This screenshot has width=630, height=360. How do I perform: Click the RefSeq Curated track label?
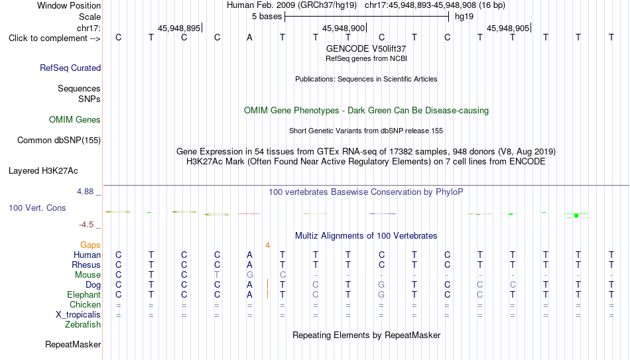[70, 68]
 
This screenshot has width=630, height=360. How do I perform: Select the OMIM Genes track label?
[75, 120]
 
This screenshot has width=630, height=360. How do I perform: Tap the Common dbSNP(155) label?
[59, 141]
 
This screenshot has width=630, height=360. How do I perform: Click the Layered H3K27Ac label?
[43, 171]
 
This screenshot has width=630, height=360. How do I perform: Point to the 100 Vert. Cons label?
[37, 208]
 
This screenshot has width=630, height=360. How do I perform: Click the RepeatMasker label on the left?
[73, 344]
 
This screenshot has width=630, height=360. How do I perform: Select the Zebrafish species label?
[83, 324]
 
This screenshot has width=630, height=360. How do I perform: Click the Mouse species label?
[88, 275]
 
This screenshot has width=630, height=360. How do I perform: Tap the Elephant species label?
[84, 294]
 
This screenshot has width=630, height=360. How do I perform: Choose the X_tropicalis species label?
[78, 315]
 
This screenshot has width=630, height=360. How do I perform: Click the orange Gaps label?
[90, 245]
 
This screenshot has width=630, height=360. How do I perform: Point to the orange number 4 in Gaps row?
[268, 245]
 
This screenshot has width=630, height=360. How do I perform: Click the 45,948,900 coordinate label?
[344, 28]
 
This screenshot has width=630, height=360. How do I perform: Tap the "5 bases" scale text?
[267, 17]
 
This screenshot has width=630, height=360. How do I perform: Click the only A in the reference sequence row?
[249, 38]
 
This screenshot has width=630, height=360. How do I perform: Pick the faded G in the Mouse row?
[250, 275]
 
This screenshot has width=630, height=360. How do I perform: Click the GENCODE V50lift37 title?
[366, 48]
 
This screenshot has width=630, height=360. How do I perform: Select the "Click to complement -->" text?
[54, 38]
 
